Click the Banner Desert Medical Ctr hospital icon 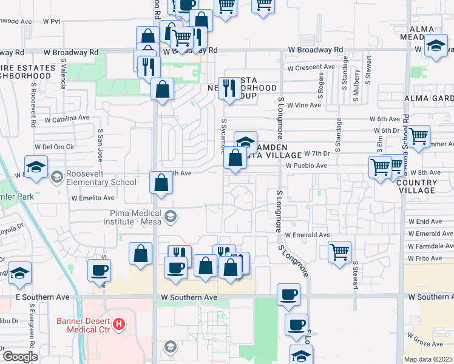tap(119, 325)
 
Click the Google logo tap(20, 357)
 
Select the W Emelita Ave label tap(93, 198)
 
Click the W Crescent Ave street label tap(311, 67)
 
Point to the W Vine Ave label tap(303, 105)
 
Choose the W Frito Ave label tap(425, 258)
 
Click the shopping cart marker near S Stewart tap(340, 251)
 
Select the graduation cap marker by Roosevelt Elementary tap(36, 166)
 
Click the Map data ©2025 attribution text tap(428, 359)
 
